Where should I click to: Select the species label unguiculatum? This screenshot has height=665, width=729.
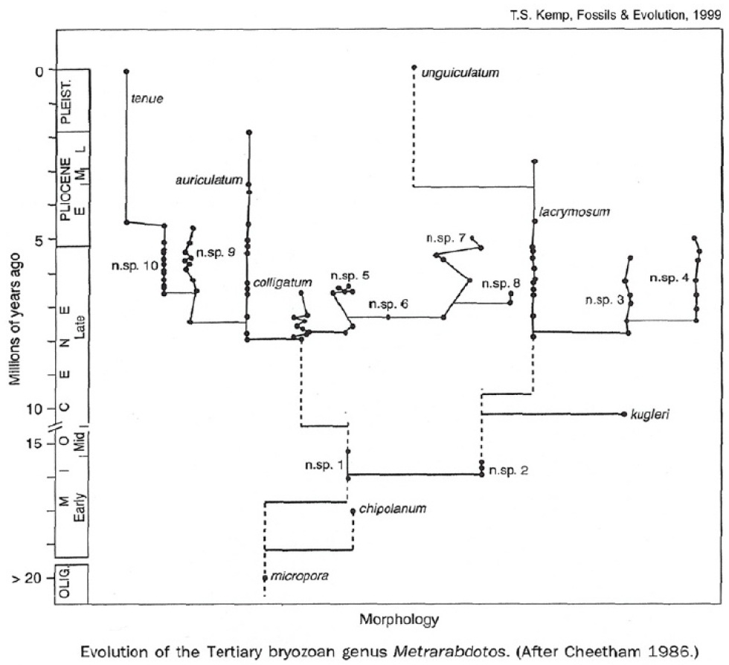pyautogui.click(x=459, y=73)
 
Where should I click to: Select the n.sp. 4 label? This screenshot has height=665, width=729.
pyautogui.click(x=669, y=278)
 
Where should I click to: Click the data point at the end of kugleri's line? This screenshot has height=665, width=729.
pyautogui.click(x=623, y=414)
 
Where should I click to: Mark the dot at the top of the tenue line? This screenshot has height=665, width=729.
pyautogui.click(x=126, y=71)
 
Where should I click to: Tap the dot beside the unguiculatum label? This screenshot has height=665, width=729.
pyautogui.click(x=414, y=67)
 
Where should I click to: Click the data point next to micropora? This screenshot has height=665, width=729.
pyautogui.click(x=265, y=577)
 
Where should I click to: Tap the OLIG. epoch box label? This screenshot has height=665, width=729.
pyautogui.click(x=65, y=584)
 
